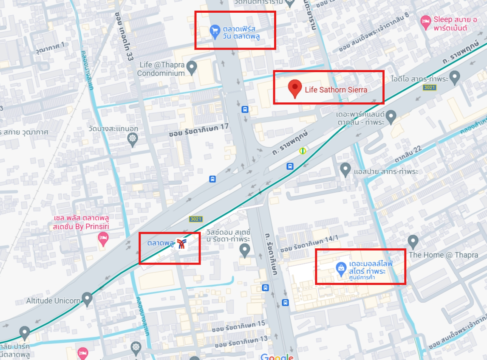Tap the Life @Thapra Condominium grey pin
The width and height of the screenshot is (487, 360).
[192, 66]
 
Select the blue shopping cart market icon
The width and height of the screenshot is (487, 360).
[215, 30]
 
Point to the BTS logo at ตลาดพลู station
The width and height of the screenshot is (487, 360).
[183, 243]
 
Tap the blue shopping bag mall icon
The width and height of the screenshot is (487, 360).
[340, 268]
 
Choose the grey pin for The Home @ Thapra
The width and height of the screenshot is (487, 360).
[413, 241]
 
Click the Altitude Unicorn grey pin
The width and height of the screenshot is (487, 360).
[88, 299]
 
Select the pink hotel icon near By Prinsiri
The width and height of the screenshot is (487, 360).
[103, 239]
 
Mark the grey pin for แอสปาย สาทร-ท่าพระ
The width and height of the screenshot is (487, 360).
[345, 169]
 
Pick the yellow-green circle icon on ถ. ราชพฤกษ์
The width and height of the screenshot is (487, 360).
[303, 150]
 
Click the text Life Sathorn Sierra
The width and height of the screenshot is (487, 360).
[336, 90]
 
